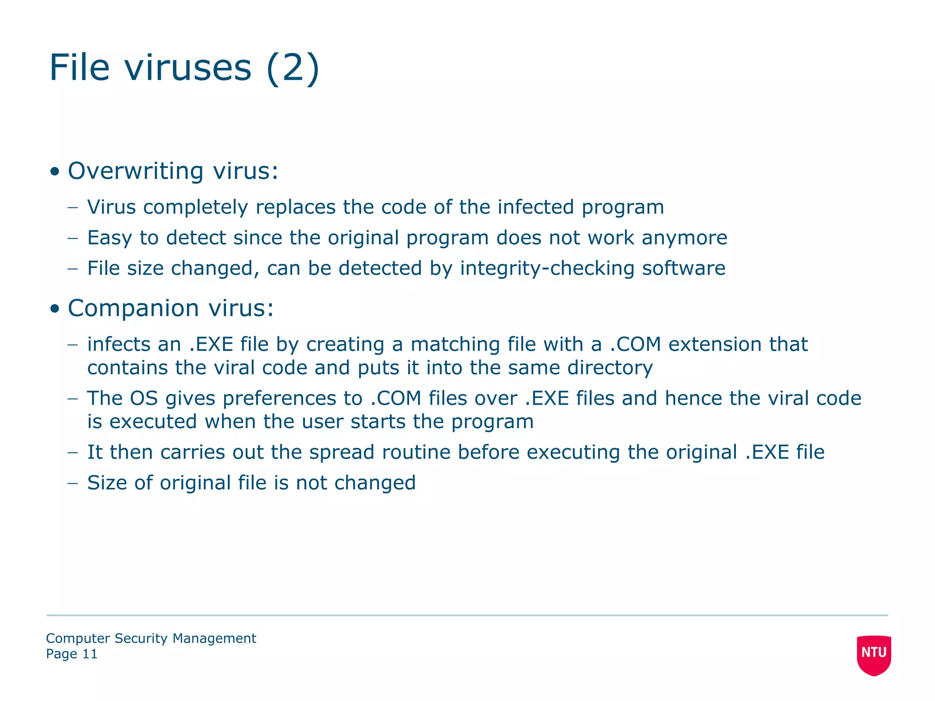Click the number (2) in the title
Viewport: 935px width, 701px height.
[293, 68]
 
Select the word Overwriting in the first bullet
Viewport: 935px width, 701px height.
[135, 172]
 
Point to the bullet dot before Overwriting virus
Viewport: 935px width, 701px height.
[55, 172]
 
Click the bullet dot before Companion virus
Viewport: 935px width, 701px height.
[55, 309]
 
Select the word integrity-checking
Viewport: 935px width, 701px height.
[547, 269]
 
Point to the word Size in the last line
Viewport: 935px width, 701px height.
[107, 483]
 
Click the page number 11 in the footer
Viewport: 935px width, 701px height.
[89, 654]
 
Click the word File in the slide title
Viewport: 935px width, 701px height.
[79, 68]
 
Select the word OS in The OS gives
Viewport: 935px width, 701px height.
[144, 398]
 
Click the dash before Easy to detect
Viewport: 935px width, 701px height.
[73, 238]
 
